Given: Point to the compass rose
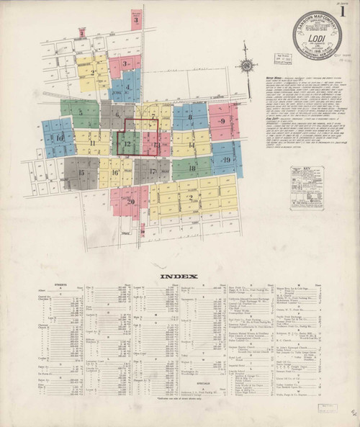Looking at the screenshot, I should point(247,66).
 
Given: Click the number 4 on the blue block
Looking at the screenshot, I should point(129,88).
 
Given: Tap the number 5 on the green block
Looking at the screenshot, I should point(81,112).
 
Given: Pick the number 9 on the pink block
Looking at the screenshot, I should point(223,121).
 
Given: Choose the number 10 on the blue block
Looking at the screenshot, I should point(60,137).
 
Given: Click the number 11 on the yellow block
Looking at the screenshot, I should point(92,143).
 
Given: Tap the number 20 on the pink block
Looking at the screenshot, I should point(131,201).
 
